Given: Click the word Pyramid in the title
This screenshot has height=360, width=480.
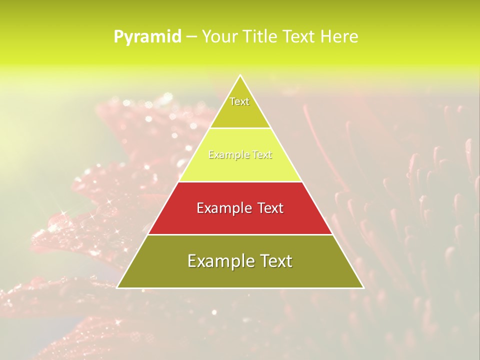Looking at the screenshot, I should tap(147, 37).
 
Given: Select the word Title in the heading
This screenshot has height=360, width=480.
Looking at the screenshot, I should tap(260, 36).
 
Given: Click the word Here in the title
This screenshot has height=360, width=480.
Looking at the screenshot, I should tap(339, 36).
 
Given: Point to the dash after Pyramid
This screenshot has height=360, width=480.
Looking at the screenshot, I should tap(191, 37).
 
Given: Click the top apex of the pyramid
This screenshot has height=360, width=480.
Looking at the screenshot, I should tap(240, 76).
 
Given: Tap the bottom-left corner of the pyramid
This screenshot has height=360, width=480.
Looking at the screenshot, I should tap(118, 287).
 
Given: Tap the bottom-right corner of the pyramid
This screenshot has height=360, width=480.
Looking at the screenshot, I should tap(363, 287).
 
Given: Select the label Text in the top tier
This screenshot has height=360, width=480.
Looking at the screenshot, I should tap(239, 101).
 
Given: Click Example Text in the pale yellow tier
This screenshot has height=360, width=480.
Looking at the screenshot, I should tap(240, 155).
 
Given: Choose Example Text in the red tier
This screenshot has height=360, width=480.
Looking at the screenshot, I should tap(240, 208).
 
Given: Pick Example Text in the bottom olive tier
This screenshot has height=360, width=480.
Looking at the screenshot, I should tap(240, 261).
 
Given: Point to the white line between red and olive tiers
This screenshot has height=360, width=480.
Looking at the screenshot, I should tap(240, 234).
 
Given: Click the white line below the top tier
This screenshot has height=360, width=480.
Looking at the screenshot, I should tap(240, 128).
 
